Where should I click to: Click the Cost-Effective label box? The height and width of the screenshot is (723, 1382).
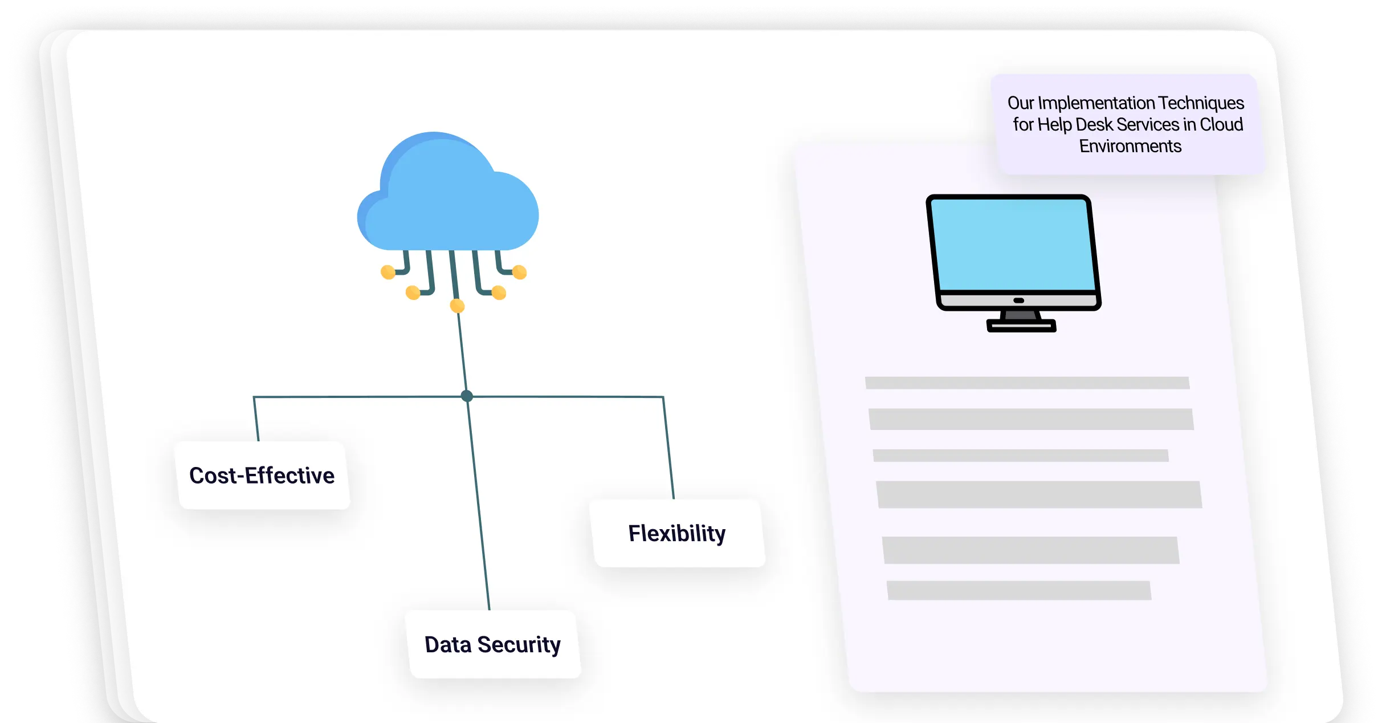[x=263, y=475]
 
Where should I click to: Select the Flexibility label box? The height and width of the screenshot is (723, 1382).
[x=678, y=533]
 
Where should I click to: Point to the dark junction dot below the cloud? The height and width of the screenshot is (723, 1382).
[x=467, y=396]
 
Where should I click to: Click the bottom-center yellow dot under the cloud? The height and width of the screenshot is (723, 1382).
[x=457, y=306]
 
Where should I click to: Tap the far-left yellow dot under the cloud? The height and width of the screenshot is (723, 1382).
[x=388, y=272]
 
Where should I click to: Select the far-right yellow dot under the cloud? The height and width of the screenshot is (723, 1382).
[x=519, y=272]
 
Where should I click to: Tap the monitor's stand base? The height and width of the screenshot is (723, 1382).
[x=1021, y=326]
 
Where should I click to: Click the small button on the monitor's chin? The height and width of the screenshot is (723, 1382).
[x=1019, y=300]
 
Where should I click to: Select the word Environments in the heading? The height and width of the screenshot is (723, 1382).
[x=1130, y=147]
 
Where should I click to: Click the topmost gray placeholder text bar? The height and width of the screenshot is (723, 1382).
[x=1027, y=383]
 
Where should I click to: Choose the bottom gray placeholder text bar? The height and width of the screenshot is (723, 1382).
[x=1019, y=590]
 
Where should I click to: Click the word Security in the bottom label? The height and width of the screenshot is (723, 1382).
[x=519, y=644]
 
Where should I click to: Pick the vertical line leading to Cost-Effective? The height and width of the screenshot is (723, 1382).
[x=256, y=419]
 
